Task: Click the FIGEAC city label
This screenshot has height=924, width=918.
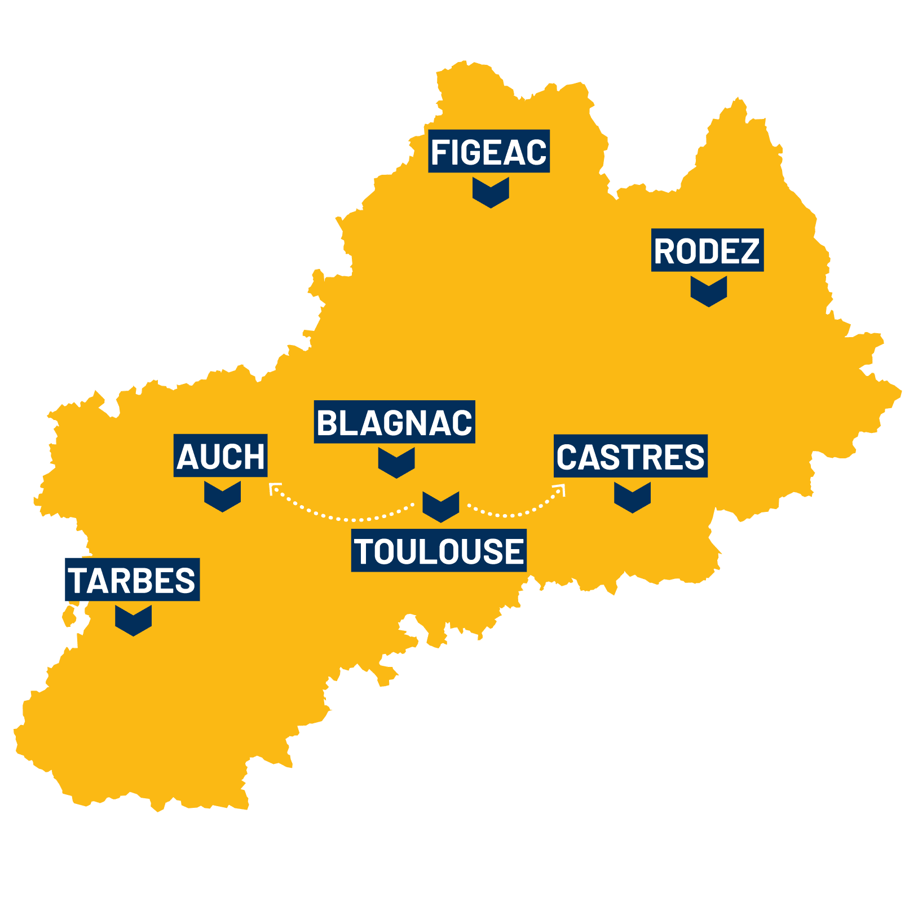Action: pos(489,152)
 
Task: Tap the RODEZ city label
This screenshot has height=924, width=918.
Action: pos(707,250)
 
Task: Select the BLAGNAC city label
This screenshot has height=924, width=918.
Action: pos(394,422)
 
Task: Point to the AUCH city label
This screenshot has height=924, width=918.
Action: pos(220,456)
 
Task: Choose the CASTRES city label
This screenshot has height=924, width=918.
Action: pos(630,456)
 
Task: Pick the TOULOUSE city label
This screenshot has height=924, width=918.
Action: pos(439,551)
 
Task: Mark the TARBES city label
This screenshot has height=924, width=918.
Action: pos(133,580)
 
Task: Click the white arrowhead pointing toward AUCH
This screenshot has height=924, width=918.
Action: pos(275,488)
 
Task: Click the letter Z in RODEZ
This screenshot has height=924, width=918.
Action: pos(750,251)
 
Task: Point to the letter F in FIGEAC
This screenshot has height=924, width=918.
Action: pos(440,152)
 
